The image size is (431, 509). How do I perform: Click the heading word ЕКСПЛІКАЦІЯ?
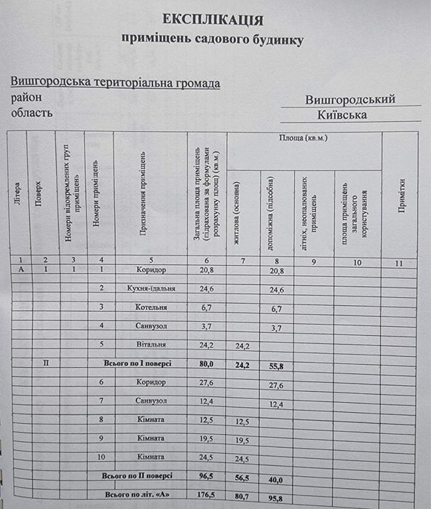click(213, 20)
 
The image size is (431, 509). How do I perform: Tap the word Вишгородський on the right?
click(350, 100)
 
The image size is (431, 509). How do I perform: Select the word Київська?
click(342, 115)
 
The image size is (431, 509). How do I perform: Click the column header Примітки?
click(400, 196)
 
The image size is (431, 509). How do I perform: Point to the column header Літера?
click(16, 195)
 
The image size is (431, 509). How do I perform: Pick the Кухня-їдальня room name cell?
click(151, 288)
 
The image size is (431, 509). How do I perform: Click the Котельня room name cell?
click(151, 307)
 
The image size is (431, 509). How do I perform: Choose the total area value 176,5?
click(207, 494)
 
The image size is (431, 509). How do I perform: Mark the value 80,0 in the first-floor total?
click(207, 363)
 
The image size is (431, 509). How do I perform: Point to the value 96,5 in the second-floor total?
click(207, 476)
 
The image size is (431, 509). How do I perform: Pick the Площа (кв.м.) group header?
click(304, 138)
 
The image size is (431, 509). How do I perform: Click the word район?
click(27, 98)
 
